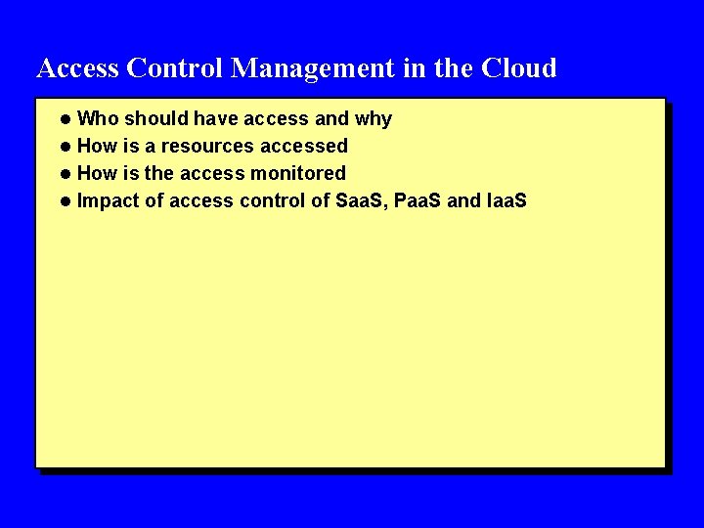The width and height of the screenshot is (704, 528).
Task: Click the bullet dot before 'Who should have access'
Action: [65, 119]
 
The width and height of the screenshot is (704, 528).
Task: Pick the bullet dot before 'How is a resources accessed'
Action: [65, 147]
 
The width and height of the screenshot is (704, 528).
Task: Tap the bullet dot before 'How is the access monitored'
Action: [65, 174]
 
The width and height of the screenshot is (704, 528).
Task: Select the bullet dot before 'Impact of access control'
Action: [65, 201]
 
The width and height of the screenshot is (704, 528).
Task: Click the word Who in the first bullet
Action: [96, 119]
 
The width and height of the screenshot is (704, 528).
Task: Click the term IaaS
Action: [506, 201]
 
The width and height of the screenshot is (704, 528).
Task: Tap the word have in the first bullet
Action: [215, 119]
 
